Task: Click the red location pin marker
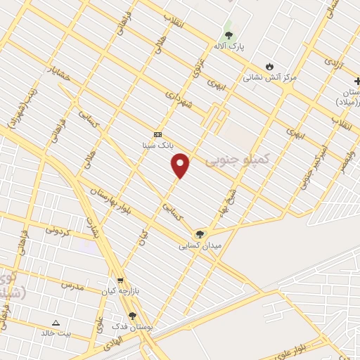pyautogui.click(x=181, y=165)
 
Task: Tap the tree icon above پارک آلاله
pyautogui.click(x=228, y=34)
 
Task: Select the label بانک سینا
pyautogui.click(x=158, y=146)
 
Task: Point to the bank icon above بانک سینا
pyautogui.click(x=157, y=134)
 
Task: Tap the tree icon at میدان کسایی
pyautogui.click(x=200, y=233)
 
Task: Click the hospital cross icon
pyautogui.click(x=356, y=82)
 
